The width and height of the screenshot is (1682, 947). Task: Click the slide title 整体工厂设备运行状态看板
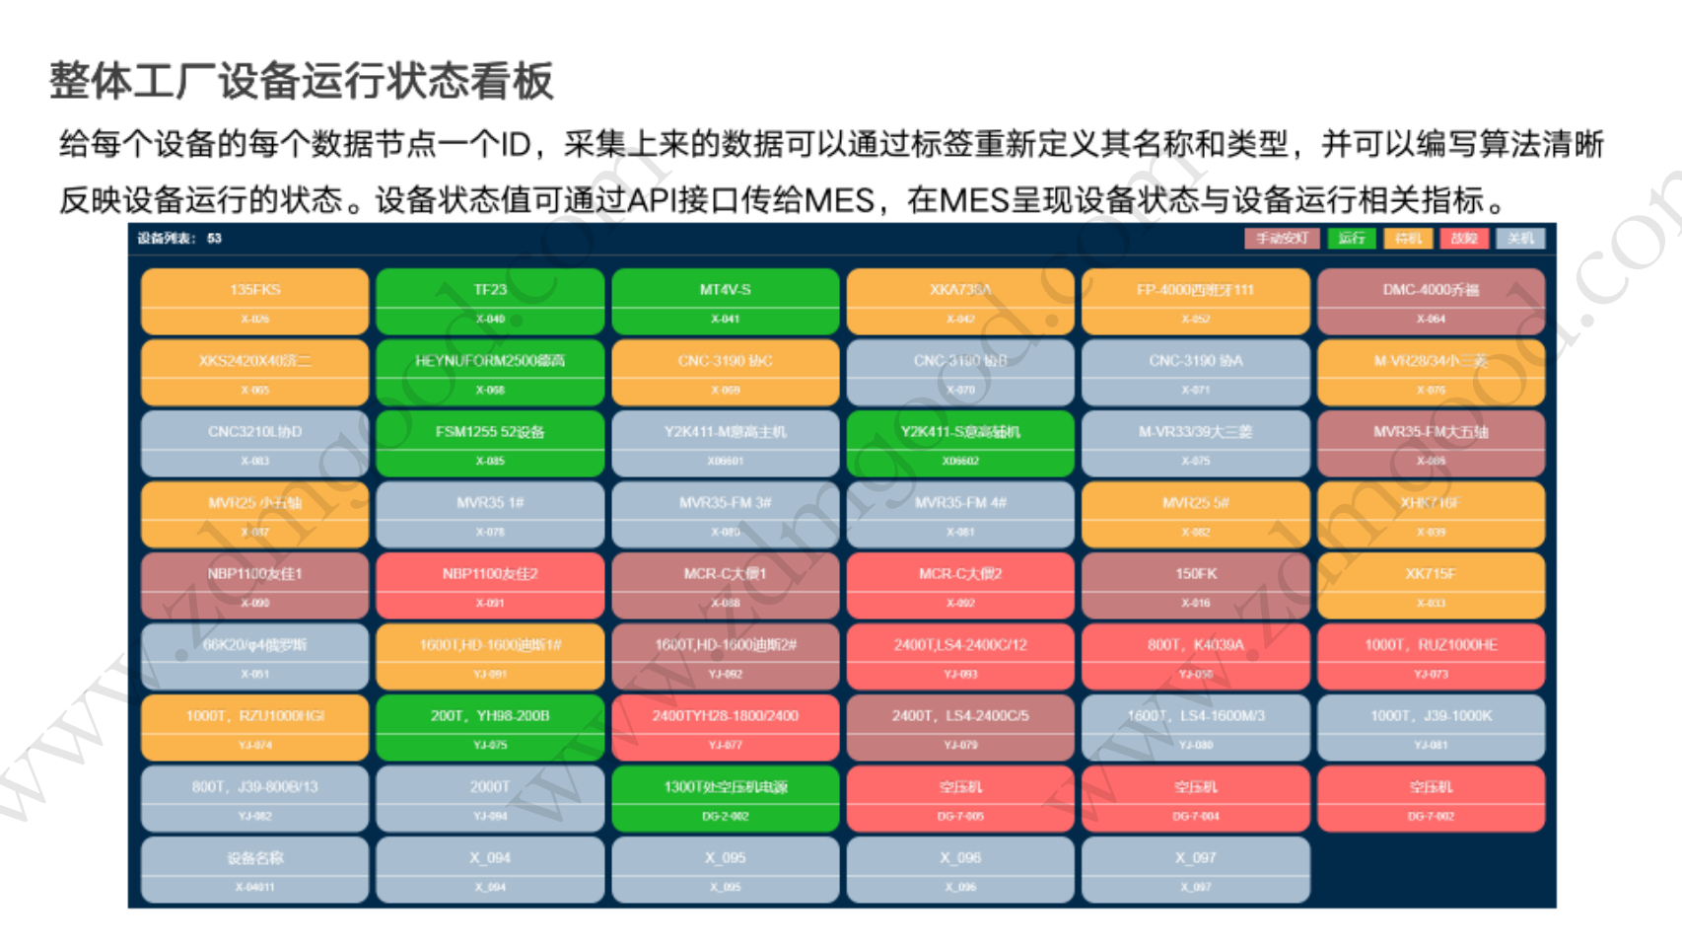(x=302, y=81)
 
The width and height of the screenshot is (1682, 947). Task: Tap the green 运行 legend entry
(x=1351, y=239)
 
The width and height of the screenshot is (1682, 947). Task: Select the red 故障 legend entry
(x=1463, y=239)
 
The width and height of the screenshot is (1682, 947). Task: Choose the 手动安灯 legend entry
(x=1281, y=239)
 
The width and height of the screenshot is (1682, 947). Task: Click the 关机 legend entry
(x=1519, y=239)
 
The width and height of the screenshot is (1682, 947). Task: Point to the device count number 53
(x=215, y=239)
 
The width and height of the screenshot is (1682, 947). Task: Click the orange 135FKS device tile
(x=254, y=301)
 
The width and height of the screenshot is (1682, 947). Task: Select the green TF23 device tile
(x=490, y=301)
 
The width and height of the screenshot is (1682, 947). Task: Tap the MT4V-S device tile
(x=725, y=301)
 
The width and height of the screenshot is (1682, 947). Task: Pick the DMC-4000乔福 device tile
(x=1431, y=301)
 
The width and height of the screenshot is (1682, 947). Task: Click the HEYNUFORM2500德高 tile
(x=490, y=372)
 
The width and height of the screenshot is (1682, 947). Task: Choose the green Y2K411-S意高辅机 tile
(x=959, y=443)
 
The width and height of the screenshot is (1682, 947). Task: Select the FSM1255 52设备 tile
(x=490, y=443)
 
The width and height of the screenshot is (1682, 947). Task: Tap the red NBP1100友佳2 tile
(x=490, y=585)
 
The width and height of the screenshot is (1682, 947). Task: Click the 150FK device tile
(x=1195, y=585)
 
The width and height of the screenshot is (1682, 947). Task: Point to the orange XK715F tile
(x=1431, y=585)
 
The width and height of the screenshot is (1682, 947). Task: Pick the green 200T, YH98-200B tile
(x=490, y=727)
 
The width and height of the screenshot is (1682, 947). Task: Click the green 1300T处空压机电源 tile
(x=725, y=798)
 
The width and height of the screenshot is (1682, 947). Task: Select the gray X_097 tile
(x=1195, y=869)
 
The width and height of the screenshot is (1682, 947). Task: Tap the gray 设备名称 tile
(x=254, y=869)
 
